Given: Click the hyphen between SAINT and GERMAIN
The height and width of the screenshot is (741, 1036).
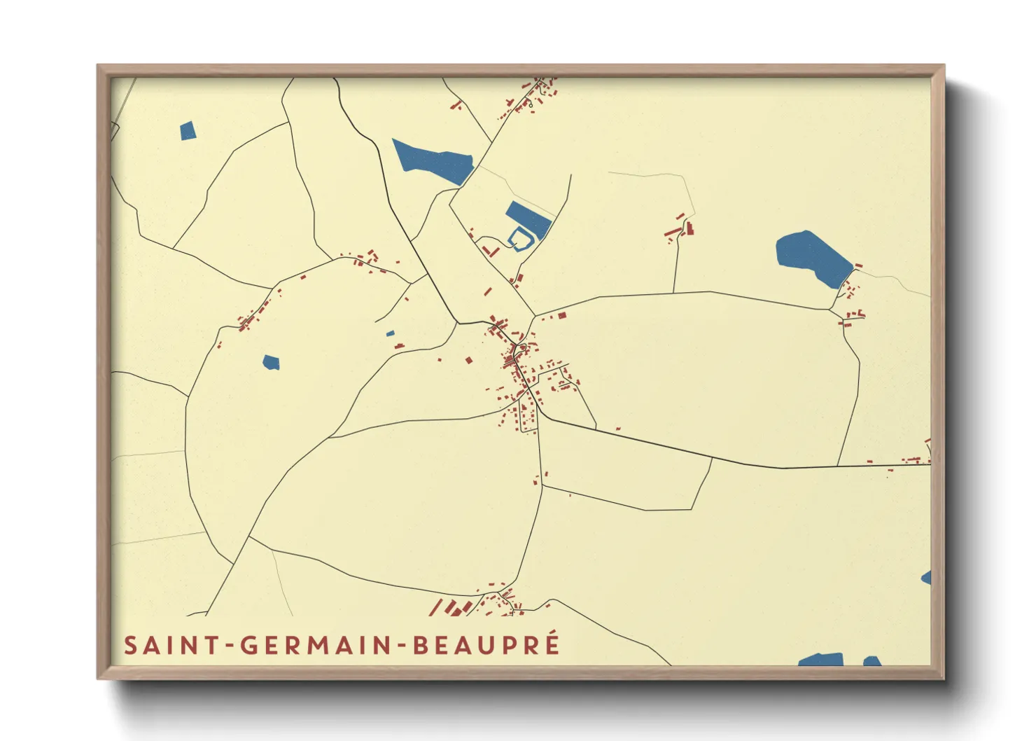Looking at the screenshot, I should point(229,646).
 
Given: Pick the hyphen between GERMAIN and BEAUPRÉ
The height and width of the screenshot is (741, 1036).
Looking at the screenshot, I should point(402,646).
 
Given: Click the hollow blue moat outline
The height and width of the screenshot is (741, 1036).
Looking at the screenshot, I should point(519,239).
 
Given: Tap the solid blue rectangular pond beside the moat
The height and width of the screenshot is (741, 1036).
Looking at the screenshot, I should point(528,217).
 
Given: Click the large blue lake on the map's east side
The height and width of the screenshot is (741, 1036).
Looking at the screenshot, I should point(812,257).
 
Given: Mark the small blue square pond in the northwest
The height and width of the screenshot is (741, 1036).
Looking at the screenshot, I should point(188,131).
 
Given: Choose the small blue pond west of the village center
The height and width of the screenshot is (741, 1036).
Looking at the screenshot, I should point(271,362).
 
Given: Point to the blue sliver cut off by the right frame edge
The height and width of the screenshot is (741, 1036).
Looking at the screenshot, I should point(927,578).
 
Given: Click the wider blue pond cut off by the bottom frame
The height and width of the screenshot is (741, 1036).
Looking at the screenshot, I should point(822,660).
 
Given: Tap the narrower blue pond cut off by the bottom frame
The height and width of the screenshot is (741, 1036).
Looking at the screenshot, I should point(871,661).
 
